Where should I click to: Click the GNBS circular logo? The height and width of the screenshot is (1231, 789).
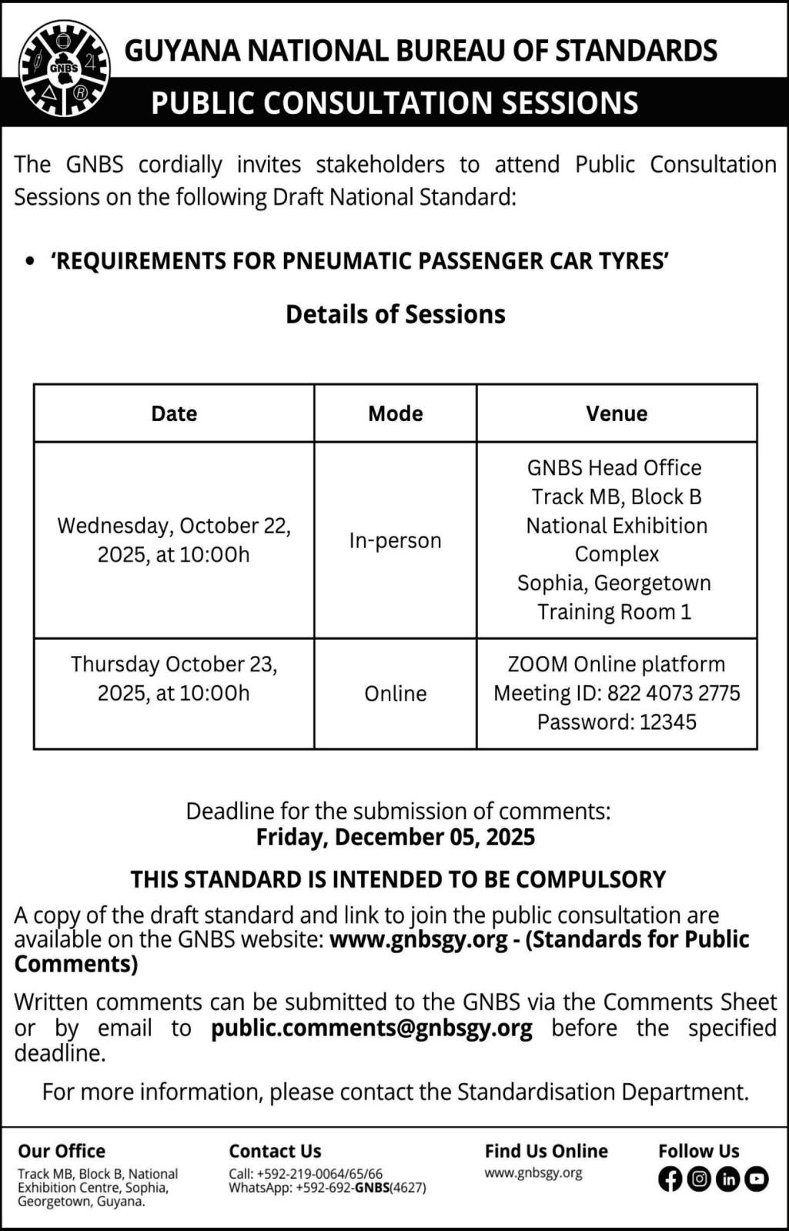pyautogui.click(x=65, y=69)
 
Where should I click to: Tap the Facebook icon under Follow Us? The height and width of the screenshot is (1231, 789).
pyautogui.click(x=670, y=1179)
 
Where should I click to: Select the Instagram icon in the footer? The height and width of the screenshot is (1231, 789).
pyautogui.click(x=699, y=1179)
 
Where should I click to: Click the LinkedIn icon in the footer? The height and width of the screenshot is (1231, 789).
pyautogui.click(x=727, y=1179)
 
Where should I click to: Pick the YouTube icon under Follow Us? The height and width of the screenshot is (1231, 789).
pyautogui.click(x=756, y=1179)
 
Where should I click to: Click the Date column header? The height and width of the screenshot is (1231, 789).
pyautogui.click(x=174, y=413)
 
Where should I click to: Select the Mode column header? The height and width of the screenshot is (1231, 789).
pyautogui.click(x=395, y=413)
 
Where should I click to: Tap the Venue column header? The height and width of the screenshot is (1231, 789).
pyautogui.click(x=617, y=413)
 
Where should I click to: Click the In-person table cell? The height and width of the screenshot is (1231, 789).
pyautogui.click(x=395, y=540)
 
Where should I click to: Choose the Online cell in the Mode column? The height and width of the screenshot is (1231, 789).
pyautogui.click(x=395, y=694)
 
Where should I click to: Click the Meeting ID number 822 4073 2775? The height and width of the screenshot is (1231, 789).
pyautogui.click(x=674, y=694)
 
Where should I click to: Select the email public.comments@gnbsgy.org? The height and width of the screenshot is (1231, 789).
pyautogui.click(x=372, y=1029)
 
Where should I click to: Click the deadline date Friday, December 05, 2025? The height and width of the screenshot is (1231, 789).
pyautogui.click(x=395, y=838)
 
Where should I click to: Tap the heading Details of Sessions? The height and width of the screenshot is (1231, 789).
pyautogui.click(x=395, y=314)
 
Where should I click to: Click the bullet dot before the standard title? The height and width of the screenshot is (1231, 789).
pyautogui.click(x=30, y=262)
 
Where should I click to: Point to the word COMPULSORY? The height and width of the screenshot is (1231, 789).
pyautogui.click(x=590, y=879)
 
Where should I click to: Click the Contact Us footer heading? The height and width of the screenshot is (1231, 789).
pyautogui.click(x=275, y=1151)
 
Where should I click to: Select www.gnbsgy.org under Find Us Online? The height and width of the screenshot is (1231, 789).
pyautogui.click(x=533, y=1173)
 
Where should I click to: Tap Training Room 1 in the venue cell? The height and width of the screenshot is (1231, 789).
pyautogui.click(x=614, y=612)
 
